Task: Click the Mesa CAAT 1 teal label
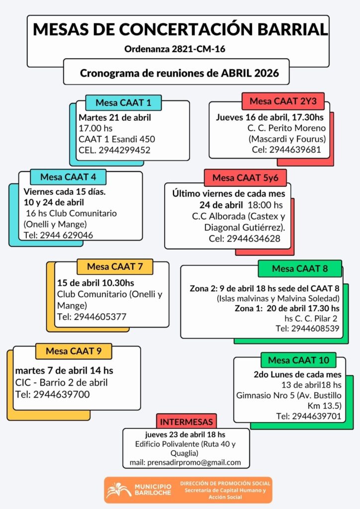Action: click(123, 103)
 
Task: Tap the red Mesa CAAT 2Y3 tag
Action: click(282, 101)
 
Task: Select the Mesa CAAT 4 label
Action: click(68, 177)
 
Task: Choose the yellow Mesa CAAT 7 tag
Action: click(115, 266)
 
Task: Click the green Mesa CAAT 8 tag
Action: click(300, 269)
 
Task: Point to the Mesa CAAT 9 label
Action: click(74, 351)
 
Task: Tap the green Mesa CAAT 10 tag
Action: click(298, 360)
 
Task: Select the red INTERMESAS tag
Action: click(187, 422)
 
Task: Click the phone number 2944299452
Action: click(125, 150)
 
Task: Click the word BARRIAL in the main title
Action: click(293, 29)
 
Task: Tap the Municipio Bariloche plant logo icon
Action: click(119, 489)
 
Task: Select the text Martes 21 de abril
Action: click(115, 118)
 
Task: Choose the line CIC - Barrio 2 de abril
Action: click(62, 383)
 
